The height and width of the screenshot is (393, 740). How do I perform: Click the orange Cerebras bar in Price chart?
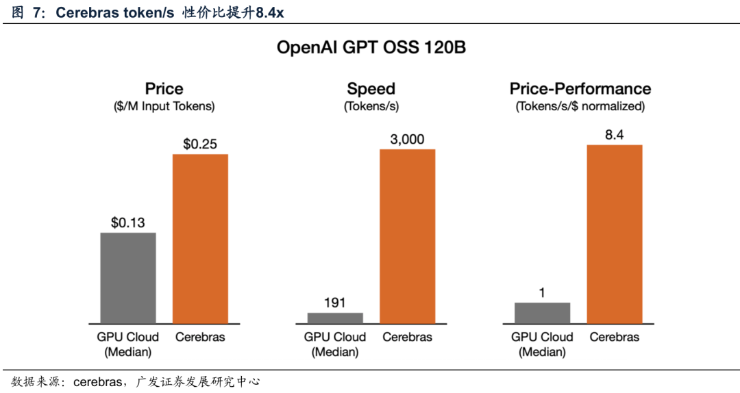(200, 238)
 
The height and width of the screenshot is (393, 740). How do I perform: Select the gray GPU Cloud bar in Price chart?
(128, 277)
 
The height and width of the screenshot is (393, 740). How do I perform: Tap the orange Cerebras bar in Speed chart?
(407, 236)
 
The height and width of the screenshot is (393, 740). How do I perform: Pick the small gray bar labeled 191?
(335, 318)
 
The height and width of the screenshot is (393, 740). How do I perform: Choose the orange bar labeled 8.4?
(615, 233)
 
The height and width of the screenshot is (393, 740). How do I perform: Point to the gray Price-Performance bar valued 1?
(542, 312)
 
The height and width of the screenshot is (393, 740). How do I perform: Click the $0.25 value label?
(200, 144)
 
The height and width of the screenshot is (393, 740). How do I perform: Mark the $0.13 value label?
(128, 223)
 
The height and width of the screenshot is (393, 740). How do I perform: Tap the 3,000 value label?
(407, 139)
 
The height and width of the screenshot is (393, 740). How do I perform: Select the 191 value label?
(335, 303)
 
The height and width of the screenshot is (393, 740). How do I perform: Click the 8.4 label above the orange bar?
(615, 135)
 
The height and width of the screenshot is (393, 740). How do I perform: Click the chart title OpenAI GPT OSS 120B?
(371, 48)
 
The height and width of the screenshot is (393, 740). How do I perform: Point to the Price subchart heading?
(164, 89)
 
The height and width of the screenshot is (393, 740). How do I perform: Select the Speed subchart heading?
(371, 89)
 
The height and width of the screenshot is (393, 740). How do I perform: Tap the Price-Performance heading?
(580, 89)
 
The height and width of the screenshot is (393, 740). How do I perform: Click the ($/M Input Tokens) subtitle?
(164, 106)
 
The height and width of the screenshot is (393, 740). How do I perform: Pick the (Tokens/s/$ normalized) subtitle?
(580, 106)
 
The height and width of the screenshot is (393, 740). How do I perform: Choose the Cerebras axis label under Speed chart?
(407, 337)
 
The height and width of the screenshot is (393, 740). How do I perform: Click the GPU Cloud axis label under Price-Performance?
(542, 337)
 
